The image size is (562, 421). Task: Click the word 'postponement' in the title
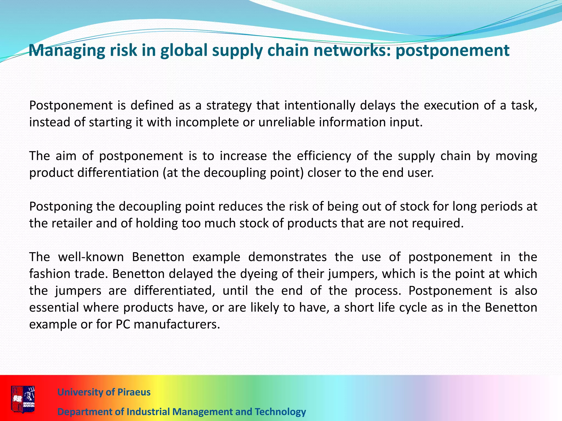pos(453,51)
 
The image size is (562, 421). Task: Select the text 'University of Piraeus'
pos(104,392)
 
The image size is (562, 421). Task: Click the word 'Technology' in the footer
pos(280,412)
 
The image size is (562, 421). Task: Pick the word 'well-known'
pos(91,257)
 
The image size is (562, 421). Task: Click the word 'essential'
pos(54,308)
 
